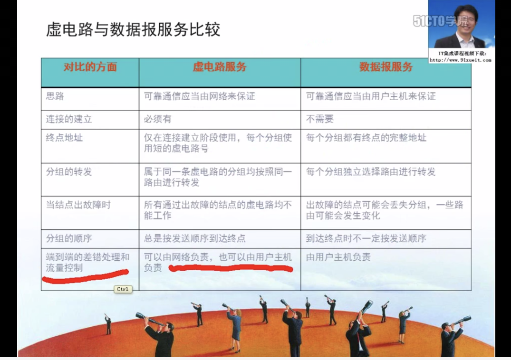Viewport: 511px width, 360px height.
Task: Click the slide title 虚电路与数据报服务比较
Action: pyautogui.click(x=133, y=29)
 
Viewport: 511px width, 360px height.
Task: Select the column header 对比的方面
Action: pyautogui.click(x=90, y=67)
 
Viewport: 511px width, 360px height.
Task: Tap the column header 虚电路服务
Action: pyautogui.click(x=220, y=67)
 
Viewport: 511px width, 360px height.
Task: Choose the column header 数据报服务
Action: pyautogui.click(x=386, y=67)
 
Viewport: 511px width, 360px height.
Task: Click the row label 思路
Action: pyautogui.click(x=55, y=96)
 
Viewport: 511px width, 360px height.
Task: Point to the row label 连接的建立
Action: pyautogui.click(x=69, y=119)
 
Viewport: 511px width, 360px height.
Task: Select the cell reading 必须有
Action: pyautogui.click(x=158, y=119)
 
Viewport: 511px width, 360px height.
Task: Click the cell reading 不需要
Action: pyautogui.click(x=320, y=119)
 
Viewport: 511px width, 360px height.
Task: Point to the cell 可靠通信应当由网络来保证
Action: pyautogui.click(x=200, y=96)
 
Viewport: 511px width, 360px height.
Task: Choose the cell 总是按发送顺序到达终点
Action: pyautogui.click(x=195, y=238)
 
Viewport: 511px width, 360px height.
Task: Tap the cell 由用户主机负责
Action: pyautogui.click(x=338, y=257)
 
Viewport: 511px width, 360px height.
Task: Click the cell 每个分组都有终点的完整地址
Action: pyautogui.click(x=366, y=138)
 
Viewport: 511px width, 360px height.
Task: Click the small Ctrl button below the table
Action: pyautogui.click(x=123, y=289)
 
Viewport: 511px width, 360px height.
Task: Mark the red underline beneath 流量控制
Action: pyautogui.click(x=86, y=275)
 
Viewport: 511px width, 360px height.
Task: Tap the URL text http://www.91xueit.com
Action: pyautogui.click(x=460, y=60)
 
